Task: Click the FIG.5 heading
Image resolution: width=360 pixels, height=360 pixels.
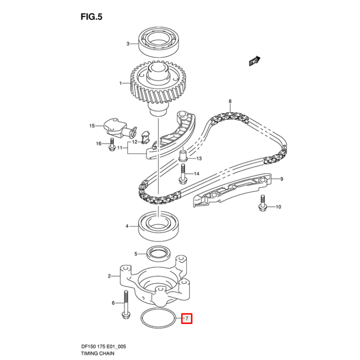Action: click(92, 17)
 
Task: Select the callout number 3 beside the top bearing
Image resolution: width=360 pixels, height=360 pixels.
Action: click(128, 44)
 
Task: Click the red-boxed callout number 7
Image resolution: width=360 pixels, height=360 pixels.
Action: click(186, 318)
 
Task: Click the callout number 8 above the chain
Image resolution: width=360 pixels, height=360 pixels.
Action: click(230, 101)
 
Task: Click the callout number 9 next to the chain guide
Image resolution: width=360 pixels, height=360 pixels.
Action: click(282, 179)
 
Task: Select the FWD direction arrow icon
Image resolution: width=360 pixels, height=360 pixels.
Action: click(254, 61)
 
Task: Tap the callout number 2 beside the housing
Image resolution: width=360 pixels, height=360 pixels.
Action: click(109, 276)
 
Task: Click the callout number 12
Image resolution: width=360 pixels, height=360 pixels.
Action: click(135, 142)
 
